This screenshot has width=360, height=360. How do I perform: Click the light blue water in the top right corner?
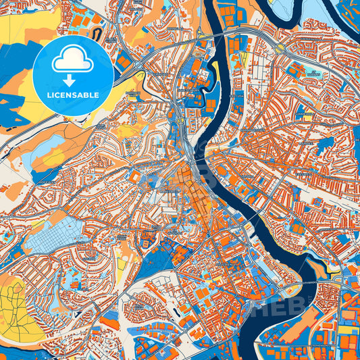coord(338,9)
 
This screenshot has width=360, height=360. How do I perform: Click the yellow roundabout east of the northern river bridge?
coord(279,49)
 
